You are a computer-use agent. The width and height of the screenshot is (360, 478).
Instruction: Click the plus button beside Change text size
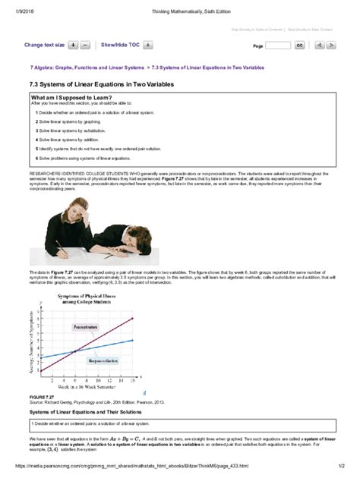(73, 46)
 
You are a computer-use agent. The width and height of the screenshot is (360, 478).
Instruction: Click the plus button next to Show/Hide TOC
(148, 46)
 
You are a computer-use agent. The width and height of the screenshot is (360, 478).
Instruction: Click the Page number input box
(278, 46)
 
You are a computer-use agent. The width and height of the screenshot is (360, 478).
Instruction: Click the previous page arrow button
(320, 46)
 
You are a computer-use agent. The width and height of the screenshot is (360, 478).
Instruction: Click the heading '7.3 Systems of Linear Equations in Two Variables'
(102, 83)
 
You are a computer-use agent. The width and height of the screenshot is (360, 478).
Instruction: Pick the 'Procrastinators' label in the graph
(86, 327)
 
